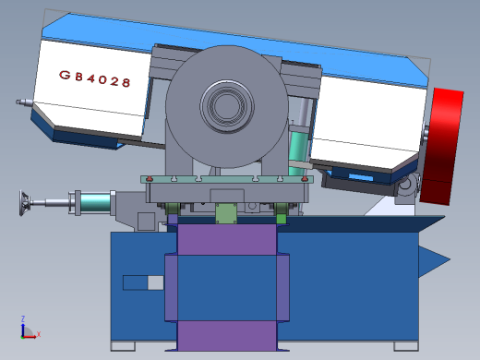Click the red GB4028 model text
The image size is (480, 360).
95,78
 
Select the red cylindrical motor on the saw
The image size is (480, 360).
442,146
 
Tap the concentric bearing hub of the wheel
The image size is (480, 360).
227,106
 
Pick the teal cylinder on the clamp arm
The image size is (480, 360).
95,202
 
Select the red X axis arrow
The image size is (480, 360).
30,337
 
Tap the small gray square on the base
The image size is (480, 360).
156,282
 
